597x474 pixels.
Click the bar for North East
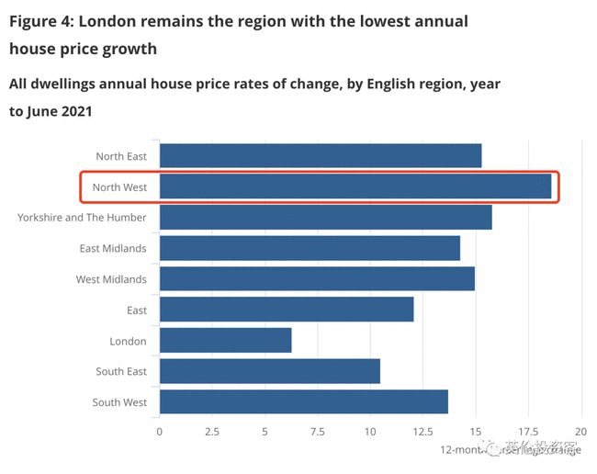pyautogui.click(x=320, y=156)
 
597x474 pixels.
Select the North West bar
pyautogui.click(x=355, y=186)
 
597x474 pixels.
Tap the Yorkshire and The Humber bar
pyautogui.click(x=325, y=218)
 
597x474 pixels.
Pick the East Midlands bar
pyautogui.click(x=310, y=248)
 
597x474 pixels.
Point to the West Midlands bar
pyautogui.click(x=317, y=279)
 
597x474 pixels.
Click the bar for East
pyautogui.click(x=287, y=310)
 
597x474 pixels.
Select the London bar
pyautogui.click(x=225, y=341)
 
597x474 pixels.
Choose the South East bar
pyautogui.click(x=269, y=371)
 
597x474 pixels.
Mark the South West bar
pyautogui.click(x=303, y=402)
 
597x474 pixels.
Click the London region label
pyautogui.click(x=128, y=341)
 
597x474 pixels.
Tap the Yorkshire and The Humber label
pyautogui.click(x=82, y=218)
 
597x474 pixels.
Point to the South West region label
pyautogui.click(x=119, y=402)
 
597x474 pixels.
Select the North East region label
pyautogui.click(x=121, y=156)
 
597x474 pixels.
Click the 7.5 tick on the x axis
pyautogui.click(x=318, y=431)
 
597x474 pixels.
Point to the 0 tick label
pyautogui.click(x=159, y=431)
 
